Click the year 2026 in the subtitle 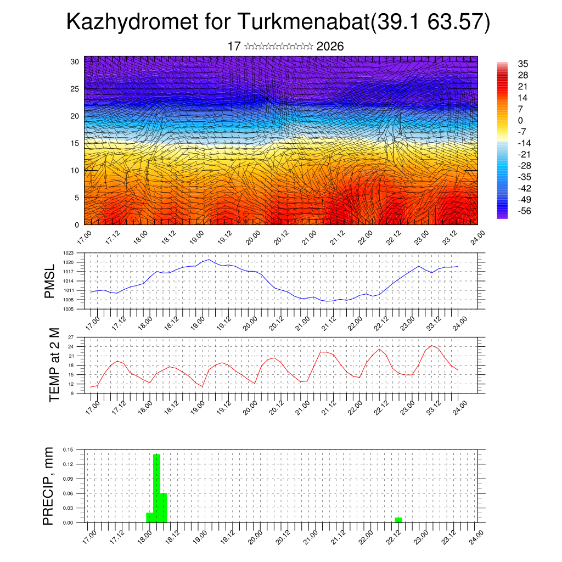[330, 47]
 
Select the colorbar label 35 [522, 64]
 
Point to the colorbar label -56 [524, 211]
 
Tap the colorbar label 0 [520, 120]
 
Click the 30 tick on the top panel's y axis [75, 61]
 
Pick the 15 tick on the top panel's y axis [75, 143]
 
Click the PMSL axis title [50, 282]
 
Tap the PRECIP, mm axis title [49, 486]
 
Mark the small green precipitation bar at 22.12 [398, 520]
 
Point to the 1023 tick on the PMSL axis [69, 253]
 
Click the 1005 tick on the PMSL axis [69, 309]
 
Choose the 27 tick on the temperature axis [71, 337]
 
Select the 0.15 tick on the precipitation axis [68, 449]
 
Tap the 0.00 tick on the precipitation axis [68, 522]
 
